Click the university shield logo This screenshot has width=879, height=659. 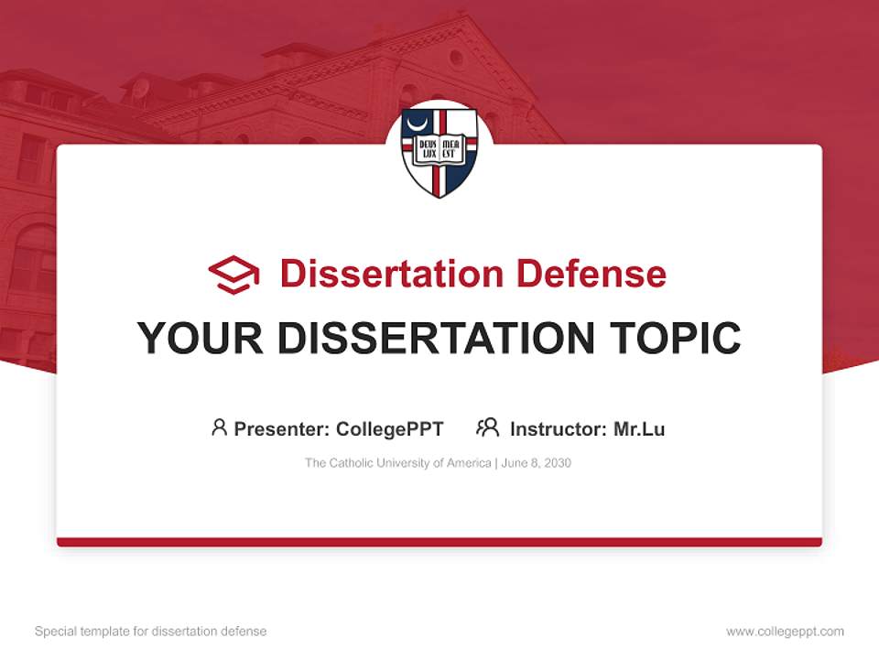click(439, 152)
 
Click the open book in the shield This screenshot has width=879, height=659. click(439, 149)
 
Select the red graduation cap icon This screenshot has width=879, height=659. click(233, 275)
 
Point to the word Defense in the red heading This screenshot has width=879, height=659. click(590, 274)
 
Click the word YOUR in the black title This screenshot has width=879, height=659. click(201, 339)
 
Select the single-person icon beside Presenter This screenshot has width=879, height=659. click(219, 427)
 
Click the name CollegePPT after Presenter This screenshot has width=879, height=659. click(390, 429)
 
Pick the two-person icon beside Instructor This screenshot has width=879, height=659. click(487, 427)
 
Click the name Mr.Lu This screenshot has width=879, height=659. click(639, 429)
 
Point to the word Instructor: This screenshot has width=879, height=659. click(558, 429)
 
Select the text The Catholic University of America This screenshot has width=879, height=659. click(398, 463)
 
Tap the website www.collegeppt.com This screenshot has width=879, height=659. click(785, 632)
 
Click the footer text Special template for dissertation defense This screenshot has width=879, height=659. click(151, 632)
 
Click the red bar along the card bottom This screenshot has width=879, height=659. click(439, 542)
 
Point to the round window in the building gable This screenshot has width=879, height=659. click(456, 59)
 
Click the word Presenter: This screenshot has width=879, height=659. click(282, 429)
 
